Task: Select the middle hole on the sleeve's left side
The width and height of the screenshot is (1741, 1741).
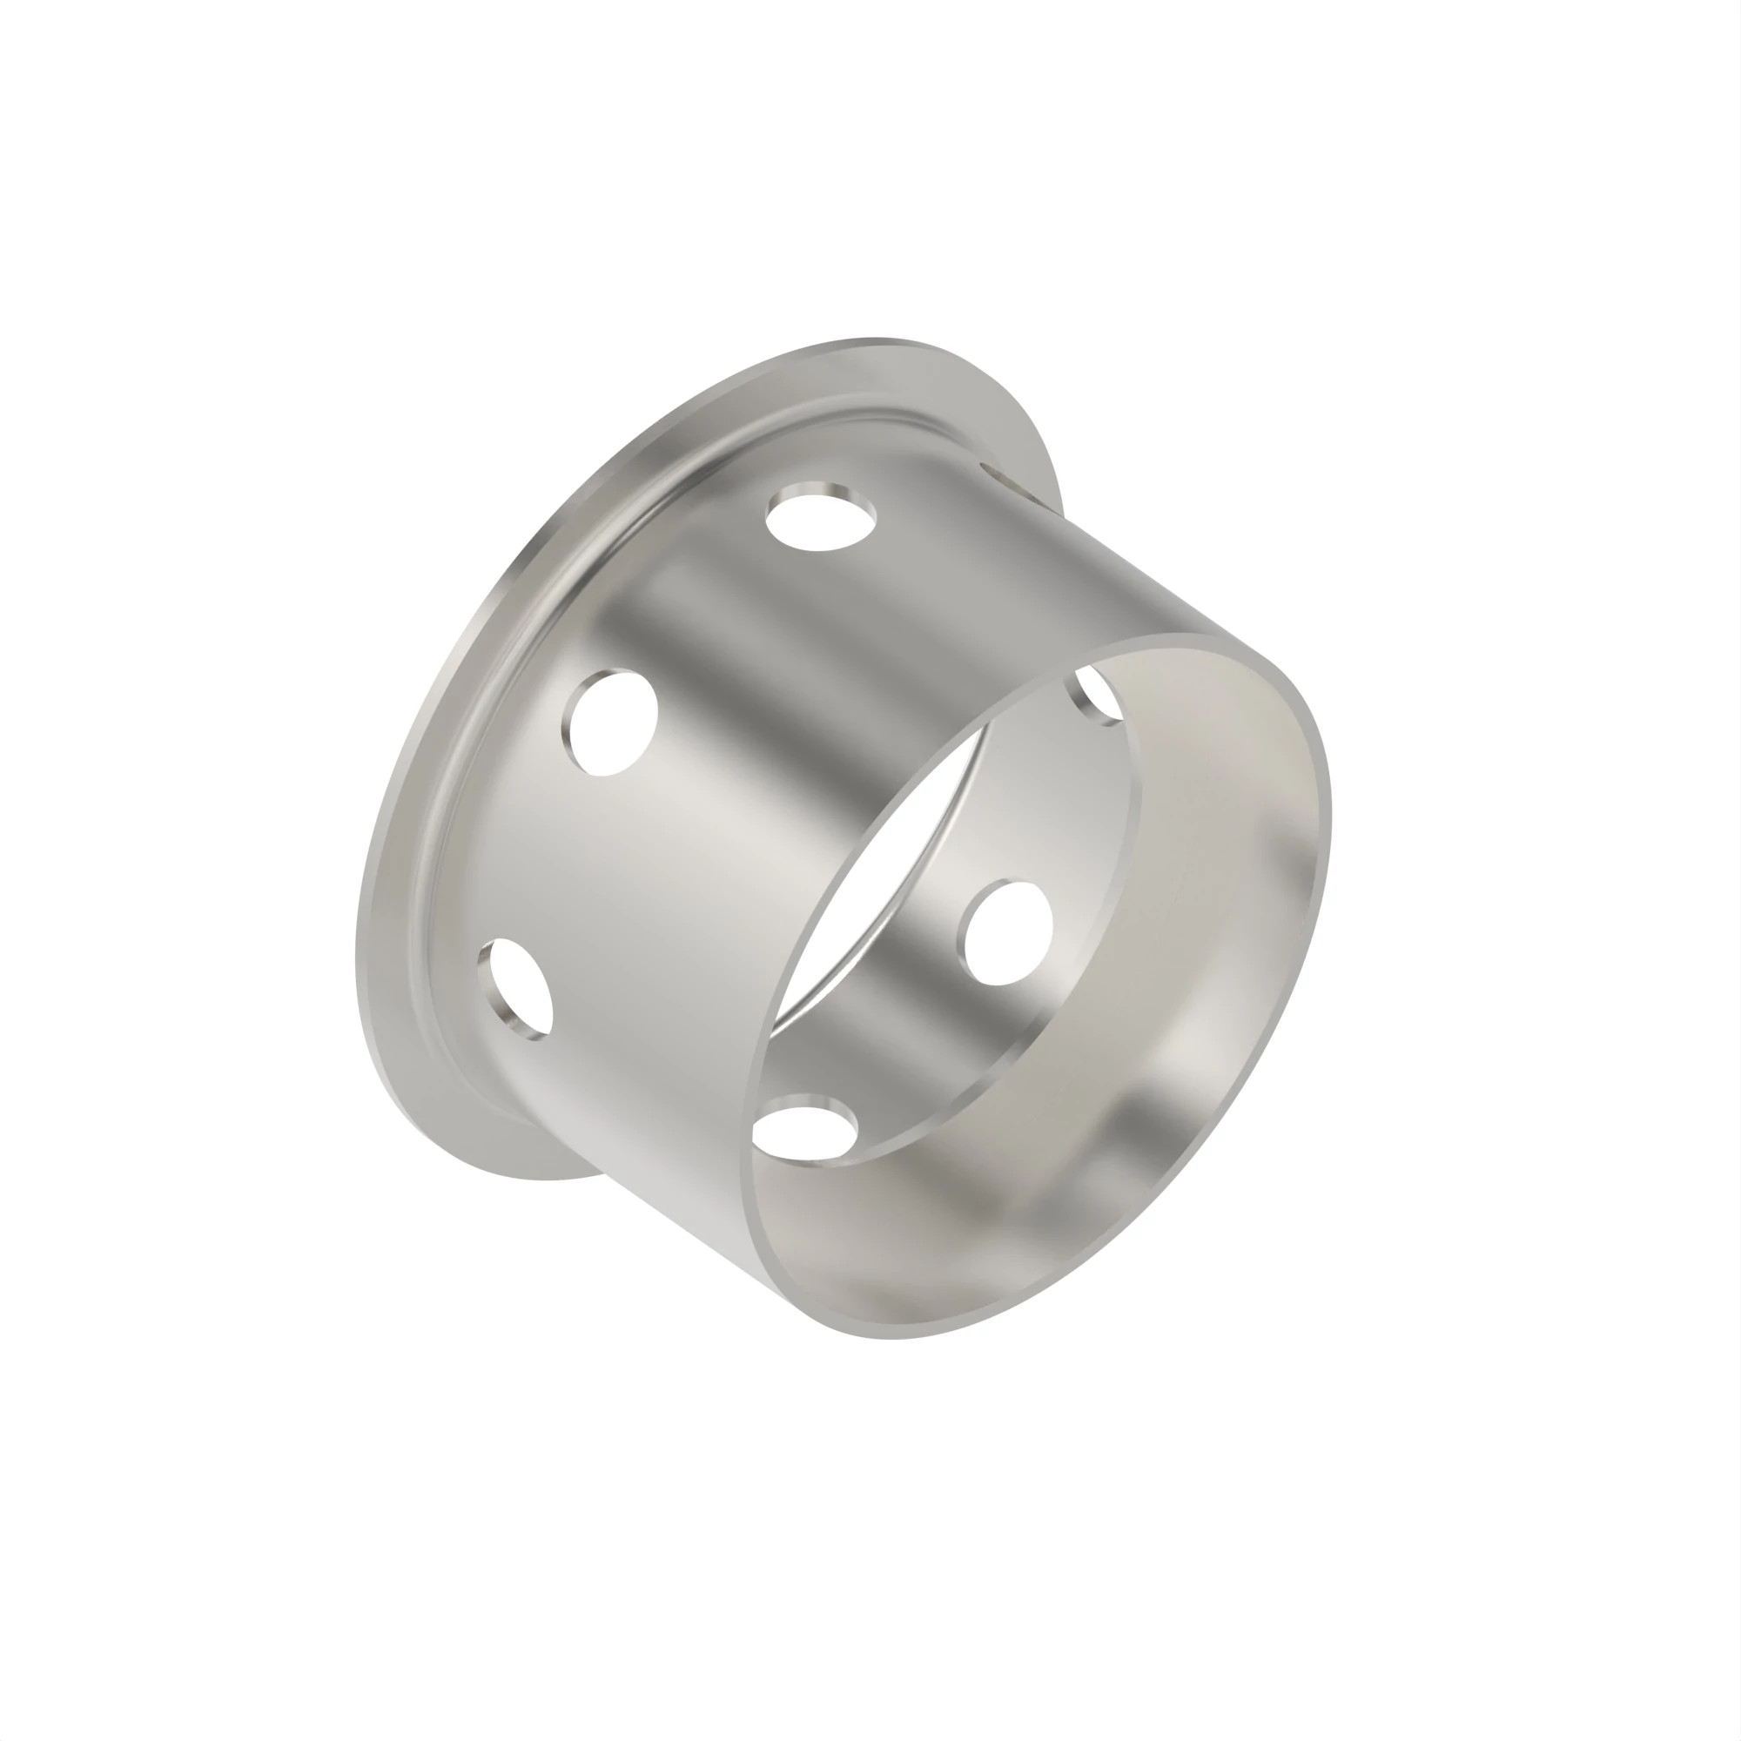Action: coord(609,722)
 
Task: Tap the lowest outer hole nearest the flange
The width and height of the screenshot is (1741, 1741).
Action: coord(516,988)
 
